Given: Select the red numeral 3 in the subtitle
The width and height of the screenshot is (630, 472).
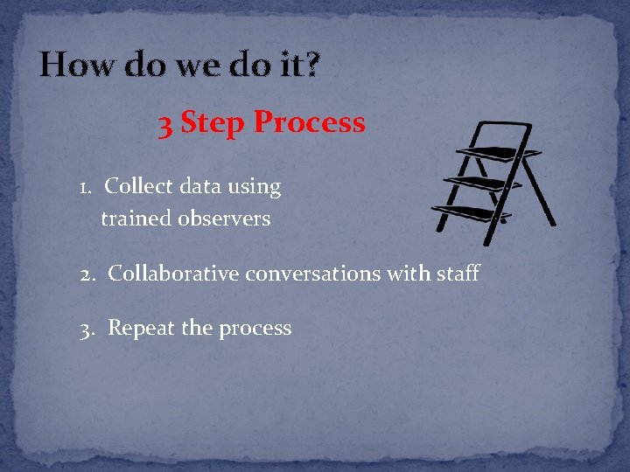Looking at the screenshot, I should coord(165,123).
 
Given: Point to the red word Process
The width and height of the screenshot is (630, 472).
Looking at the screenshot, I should coord(309,123).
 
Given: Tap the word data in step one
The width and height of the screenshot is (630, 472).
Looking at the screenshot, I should coord(202,186).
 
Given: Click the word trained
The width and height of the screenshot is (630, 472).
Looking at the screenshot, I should coord(136,219).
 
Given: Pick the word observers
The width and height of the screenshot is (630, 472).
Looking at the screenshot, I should coord(224,219).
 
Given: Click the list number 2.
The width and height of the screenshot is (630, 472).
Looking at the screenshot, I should coord(87,274).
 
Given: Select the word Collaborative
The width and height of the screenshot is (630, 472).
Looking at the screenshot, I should coord(173,274).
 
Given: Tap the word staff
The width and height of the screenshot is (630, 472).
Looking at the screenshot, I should coord(458,274).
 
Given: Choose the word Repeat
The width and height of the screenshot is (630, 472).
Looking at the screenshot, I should coord(141,329).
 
